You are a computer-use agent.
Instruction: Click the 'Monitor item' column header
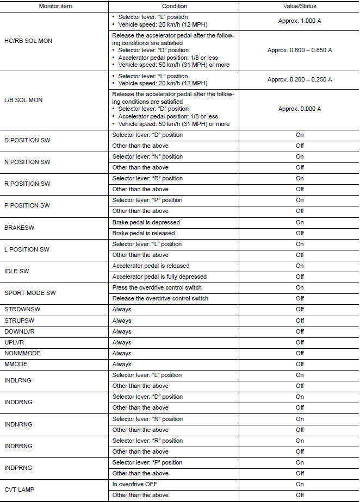coord(55,6)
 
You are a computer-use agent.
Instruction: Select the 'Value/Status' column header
coord(300,6)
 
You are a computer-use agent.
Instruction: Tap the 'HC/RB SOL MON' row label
coord(28,41)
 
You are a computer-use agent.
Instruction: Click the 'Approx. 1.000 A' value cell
coord(300,20)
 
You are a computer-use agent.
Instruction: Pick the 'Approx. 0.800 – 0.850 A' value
coord(300,50)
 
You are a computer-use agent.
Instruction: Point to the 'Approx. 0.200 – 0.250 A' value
coord(300,79)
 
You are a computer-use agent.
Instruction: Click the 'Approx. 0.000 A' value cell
coord(300,109)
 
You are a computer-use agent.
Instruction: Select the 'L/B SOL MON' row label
coord(23,100)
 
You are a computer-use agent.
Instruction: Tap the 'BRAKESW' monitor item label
coord(19,228)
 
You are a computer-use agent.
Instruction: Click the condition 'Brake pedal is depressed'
coord(146,222)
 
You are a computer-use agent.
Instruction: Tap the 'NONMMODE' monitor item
coord(22,353)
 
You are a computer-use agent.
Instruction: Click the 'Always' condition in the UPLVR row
coord(122,342)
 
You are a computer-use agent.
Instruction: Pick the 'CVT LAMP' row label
coord(19,490)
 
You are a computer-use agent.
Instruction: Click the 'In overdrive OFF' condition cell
coord(135,484)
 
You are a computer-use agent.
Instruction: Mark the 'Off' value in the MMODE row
coord(300,364)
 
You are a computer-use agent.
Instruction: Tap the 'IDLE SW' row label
coord(16,271)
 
